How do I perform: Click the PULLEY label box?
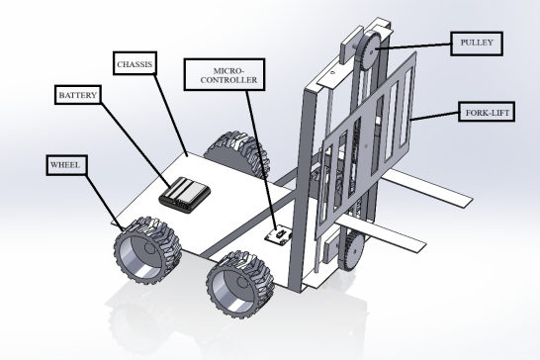(x=477, y=44)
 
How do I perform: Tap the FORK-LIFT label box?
(x=487, y=112)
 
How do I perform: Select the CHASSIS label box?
(x=135, y=63)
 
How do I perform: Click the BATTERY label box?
(x=78, y=95)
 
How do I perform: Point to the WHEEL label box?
(x=67, y=165)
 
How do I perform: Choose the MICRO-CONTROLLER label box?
(x=225, y=75)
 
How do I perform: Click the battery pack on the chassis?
(x=185, y=195)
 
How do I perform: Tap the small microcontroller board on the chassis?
(x=279, y=236)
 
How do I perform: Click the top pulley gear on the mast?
(x=369, y=50)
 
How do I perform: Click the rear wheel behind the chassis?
(x=237, y=151)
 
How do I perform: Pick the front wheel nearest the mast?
(x=240, y=284)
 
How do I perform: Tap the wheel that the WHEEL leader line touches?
(x=148, y=250)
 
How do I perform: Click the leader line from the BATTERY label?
(x=135, y=145)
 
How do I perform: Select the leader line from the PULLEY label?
(x=413, y=46)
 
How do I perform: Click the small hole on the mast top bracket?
(x=332, y=72)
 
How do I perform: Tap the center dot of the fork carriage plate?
(x=366, y=146)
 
